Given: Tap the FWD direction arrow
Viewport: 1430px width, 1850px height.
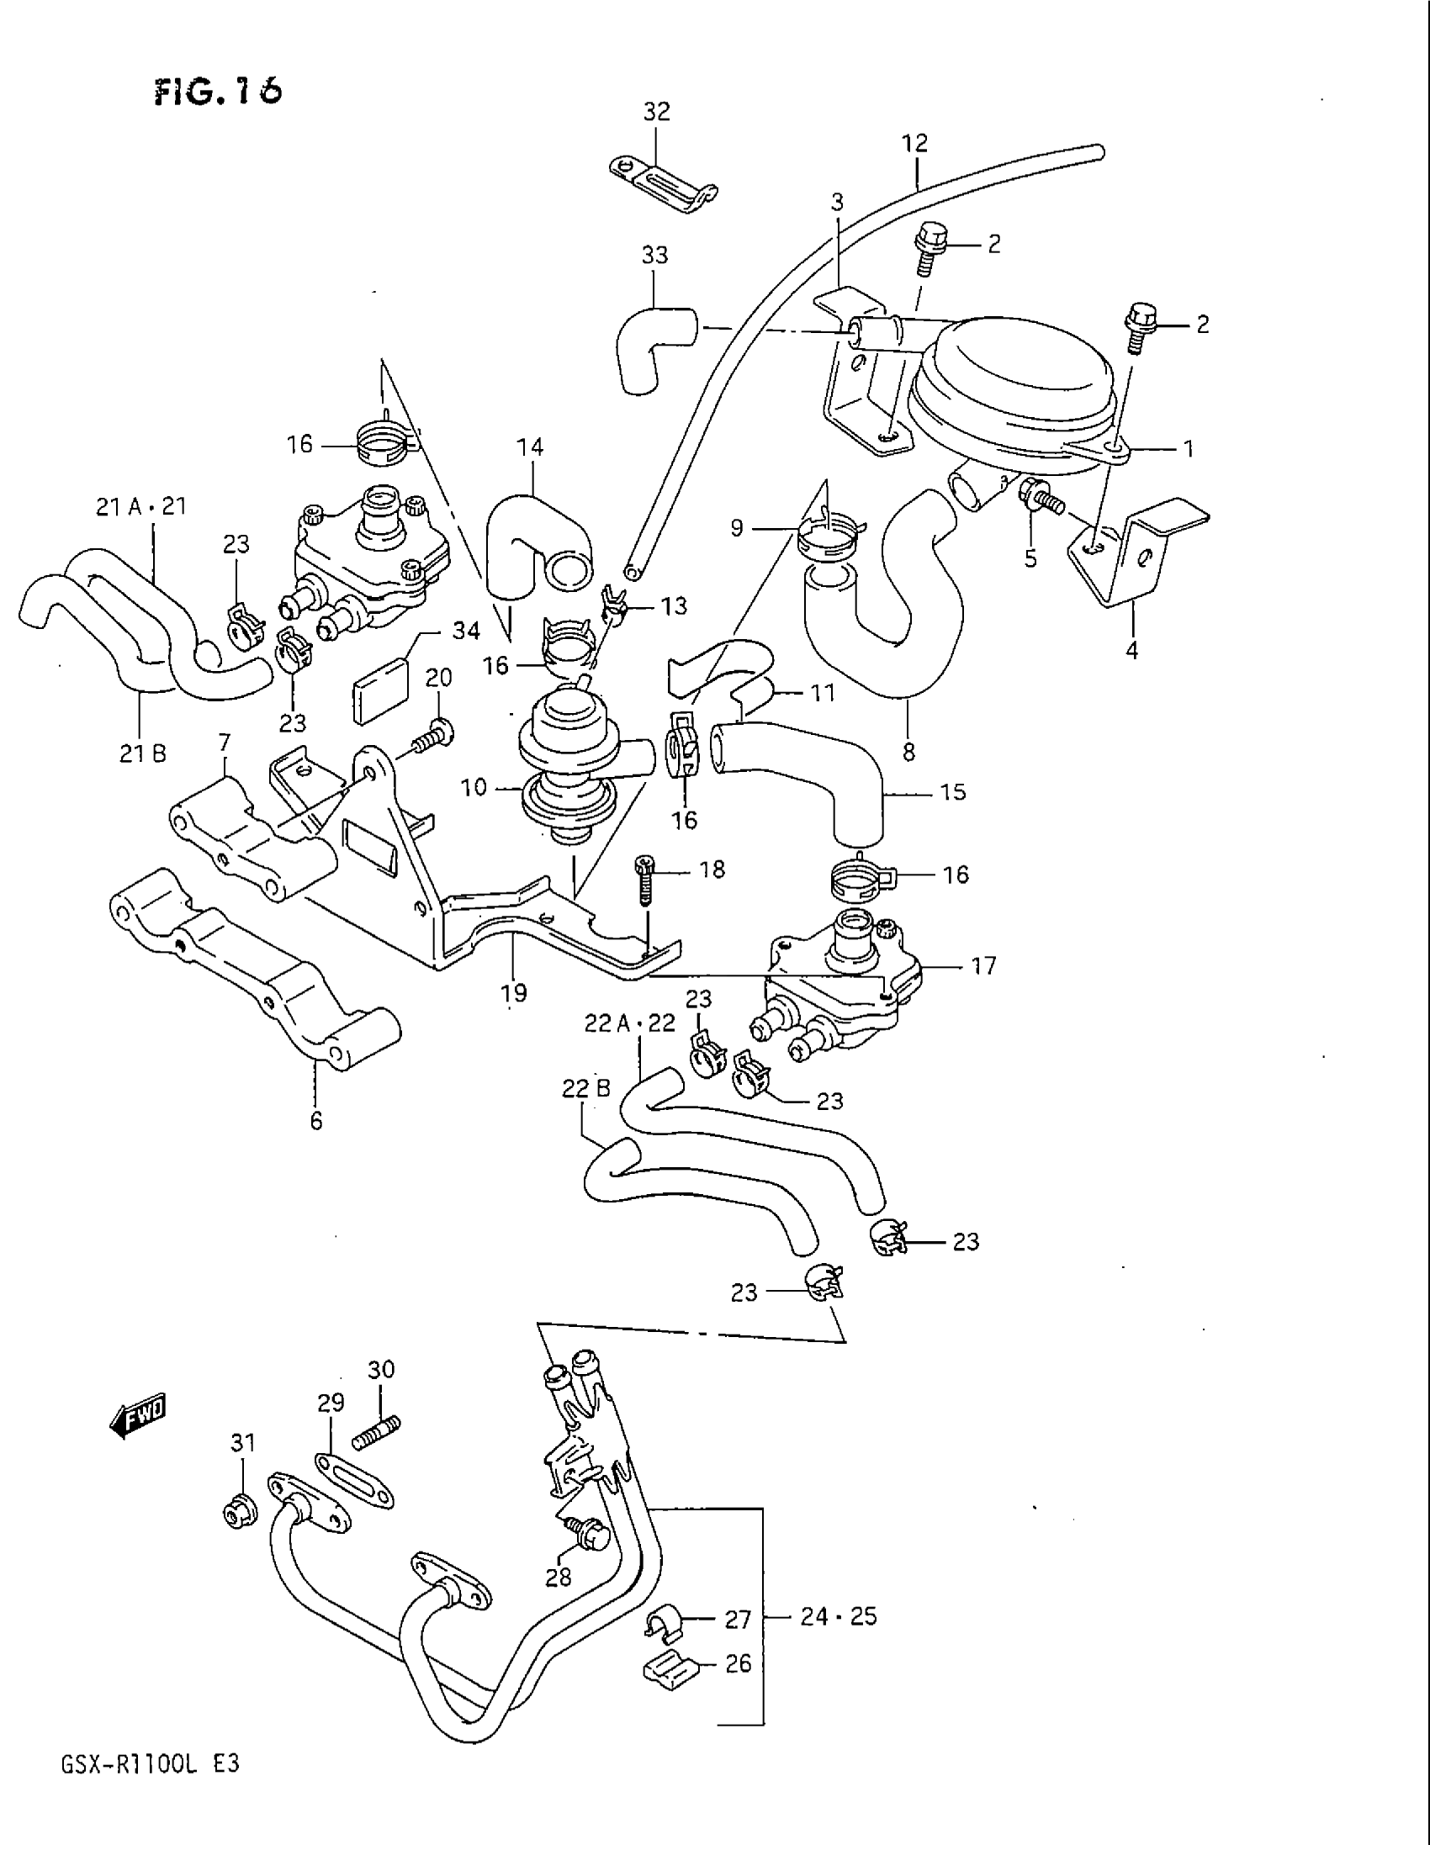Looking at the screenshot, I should [139, 1413].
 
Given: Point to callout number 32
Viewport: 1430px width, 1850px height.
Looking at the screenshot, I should [657, 112].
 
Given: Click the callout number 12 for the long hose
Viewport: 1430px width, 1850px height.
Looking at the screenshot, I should [916, 142].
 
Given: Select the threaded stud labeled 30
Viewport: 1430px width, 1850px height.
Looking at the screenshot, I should [383, 1430].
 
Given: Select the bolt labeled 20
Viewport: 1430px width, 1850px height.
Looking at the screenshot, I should [433, 734].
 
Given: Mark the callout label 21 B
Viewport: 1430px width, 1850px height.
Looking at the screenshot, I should [143, 753].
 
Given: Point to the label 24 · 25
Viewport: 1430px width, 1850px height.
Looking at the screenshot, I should [839, 1617].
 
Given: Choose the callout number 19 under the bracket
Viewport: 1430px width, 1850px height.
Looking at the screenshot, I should [514, 992].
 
